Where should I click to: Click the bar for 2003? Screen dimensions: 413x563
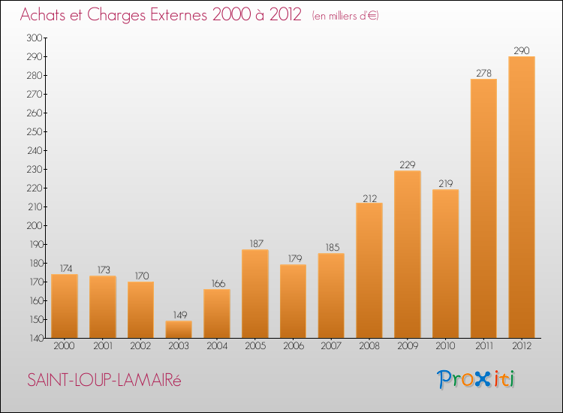coord(179,330)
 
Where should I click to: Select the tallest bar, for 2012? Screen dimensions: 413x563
coord(522,197)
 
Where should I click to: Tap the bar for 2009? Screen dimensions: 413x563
coord(407,255)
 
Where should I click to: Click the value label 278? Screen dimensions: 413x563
coord(483,73)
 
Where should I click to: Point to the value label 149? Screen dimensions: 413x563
coord(179,315)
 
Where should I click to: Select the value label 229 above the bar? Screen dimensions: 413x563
coord(407,164)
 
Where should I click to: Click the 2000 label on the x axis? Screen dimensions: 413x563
coord(65,347)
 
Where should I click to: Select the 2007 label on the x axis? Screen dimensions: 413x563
coord(331,347)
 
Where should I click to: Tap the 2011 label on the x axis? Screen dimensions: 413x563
coord(483,347)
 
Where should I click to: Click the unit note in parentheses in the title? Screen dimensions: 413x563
coord(345,16)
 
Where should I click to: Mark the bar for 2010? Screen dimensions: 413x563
coord(445,264)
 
